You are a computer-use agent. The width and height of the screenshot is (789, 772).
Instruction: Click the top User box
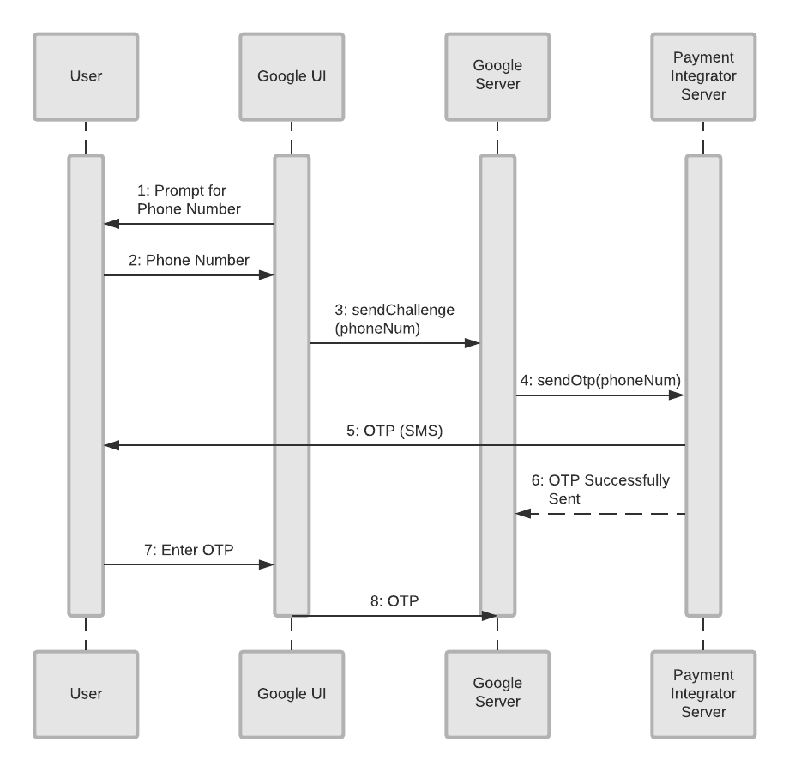click(x=86, y=75)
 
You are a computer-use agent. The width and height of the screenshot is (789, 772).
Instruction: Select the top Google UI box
click(x=292, y=75)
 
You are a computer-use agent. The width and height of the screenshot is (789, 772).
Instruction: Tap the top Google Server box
click(x=497, y=75)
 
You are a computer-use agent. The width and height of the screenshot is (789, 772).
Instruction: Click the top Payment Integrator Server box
click(x=703, y=75)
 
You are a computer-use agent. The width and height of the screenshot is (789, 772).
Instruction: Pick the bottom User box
click(x=86, y=694)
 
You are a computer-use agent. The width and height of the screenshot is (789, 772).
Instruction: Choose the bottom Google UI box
click(x=292, y=694)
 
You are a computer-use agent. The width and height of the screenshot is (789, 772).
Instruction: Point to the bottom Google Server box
click(x=497, y=694)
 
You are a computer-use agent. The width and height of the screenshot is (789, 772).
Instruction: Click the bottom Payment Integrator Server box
click(x=703, y=694)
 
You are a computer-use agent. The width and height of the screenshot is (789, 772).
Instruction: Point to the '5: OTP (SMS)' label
click(x=394, y=431)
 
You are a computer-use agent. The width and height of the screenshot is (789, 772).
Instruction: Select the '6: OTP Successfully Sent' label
click(x=607, y=488)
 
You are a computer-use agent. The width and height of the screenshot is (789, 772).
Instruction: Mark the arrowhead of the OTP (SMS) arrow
click(x=111, y=445)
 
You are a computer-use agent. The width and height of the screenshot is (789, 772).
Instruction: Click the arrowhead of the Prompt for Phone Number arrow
click(x=111, y=224)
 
